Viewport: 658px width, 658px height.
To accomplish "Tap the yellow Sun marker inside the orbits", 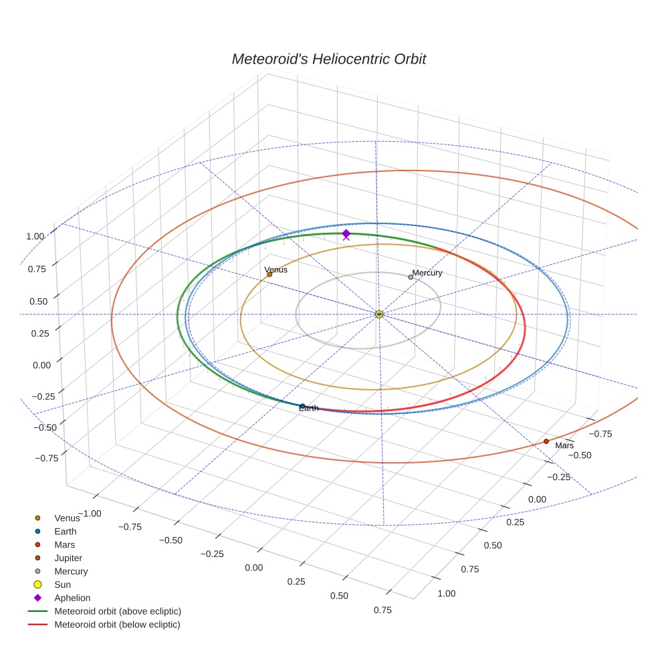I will click(x=379, y=314).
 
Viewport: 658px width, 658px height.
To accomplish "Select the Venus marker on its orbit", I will click(x=269, y=274).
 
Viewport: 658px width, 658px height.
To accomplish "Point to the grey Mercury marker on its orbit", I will click(x=411, y=277).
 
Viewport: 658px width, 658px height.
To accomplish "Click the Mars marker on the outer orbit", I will click(x=546, y=441).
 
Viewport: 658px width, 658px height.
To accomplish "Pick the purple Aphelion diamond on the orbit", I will click(x=346, y=233).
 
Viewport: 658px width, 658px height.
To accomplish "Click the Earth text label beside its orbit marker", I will click(x=308, y=408).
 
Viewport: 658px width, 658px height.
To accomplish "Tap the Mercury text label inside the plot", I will click(x=427, y=273).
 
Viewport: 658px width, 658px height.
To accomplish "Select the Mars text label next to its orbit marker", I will click(x=564, y=445).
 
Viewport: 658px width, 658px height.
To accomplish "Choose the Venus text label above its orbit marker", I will click(x=276, y=269).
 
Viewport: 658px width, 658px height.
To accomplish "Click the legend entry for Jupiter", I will click(x=68, y=558).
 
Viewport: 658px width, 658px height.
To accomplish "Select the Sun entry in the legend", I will click(x=62, y=584).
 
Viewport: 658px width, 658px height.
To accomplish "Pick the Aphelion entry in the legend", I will click(x=72, y=598).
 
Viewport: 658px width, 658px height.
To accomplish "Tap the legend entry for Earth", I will click(x=66, y=531).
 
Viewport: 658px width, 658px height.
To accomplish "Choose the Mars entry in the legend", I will click(x=64, y=544).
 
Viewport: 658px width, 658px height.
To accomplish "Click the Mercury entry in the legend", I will click(x=71, y=571).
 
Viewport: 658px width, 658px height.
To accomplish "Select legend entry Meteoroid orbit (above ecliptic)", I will click(x=118, y=611).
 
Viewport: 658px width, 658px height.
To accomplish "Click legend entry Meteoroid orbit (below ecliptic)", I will click(x=118, y=625).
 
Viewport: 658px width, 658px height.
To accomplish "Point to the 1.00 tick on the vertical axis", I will click(x=35, y=236).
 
